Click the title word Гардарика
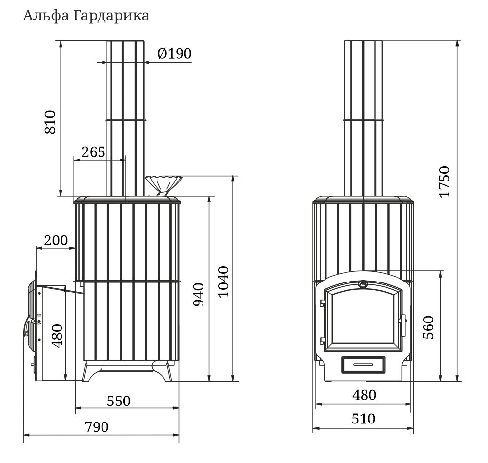111,16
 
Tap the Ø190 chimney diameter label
174,54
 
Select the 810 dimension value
50,122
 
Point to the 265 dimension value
93,152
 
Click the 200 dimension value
56,240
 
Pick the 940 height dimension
199,295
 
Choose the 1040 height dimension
224,282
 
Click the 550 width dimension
119,401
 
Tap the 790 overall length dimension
97,427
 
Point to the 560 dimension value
428,327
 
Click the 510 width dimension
364,419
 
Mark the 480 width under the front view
364,395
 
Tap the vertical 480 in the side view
57,336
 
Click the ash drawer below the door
363,364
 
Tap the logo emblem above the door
363,283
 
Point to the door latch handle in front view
404,321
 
